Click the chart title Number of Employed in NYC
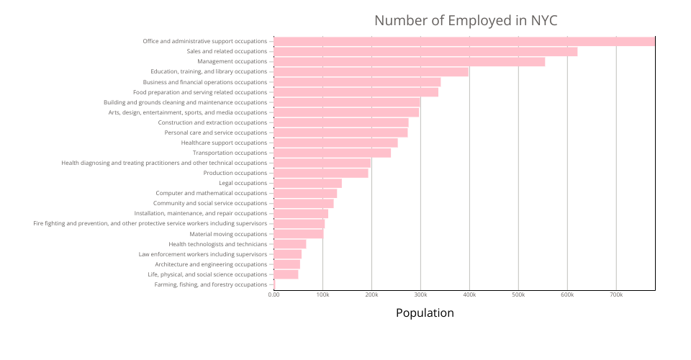tap(466, 20)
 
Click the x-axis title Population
tap(425, 312)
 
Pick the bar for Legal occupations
tap(307, 183)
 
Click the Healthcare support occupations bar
tap(335, 143)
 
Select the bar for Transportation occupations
tap(332, 153)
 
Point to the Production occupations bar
tap(321, 173)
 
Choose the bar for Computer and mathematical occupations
tap(305, 193)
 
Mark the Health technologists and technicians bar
tap(290, 244)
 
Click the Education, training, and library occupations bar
tap(371, 71)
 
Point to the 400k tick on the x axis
tap(469, 294)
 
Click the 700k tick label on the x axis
tap(616, 294)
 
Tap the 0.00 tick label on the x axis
tap(274, 294)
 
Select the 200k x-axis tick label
tap(371, 294)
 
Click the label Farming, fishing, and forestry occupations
tap(211, 284)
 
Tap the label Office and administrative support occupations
tap(205, 41)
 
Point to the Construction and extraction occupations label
tap(212, 122)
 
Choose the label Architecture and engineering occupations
tap(211, 264)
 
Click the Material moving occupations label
tap(228, 234)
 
